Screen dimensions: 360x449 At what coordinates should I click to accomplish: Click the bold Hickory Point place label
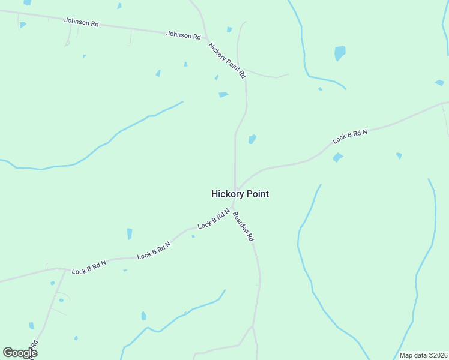click(240, 194)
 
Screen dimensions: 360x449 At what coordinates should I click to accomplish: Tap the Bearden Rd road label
click(243, 226)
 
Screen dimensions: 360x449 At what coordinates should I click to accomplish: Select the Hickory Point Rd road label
click(227, 60)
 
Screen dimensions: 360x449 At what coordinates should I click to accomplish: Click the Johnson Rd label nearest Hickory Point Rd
click(184, 35)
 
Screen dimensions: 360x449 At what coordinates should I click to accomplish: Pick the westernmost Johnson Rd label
click(81, 22)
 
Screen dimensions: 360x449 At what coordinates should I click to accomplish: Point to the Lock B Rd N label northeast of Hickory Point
click(350, 136)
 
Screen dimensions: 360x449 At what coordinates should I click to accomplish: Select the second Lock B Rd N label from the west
click(154, 251)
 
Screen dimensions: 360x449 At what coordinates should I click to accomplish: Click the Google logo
click(20, 352)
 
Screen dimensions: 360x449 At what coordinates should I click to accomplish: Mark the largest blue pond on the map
click(340, 53)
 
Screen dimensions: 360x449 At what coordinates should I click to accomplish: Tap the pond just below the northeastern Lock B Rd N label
click(337, 157)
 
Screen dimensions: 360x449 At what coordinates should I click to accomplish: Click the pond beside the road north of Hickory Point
click(252, 139)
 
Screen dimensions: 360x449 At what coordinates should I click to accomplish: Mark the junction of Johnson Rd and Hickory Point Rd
click(205, 37)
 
